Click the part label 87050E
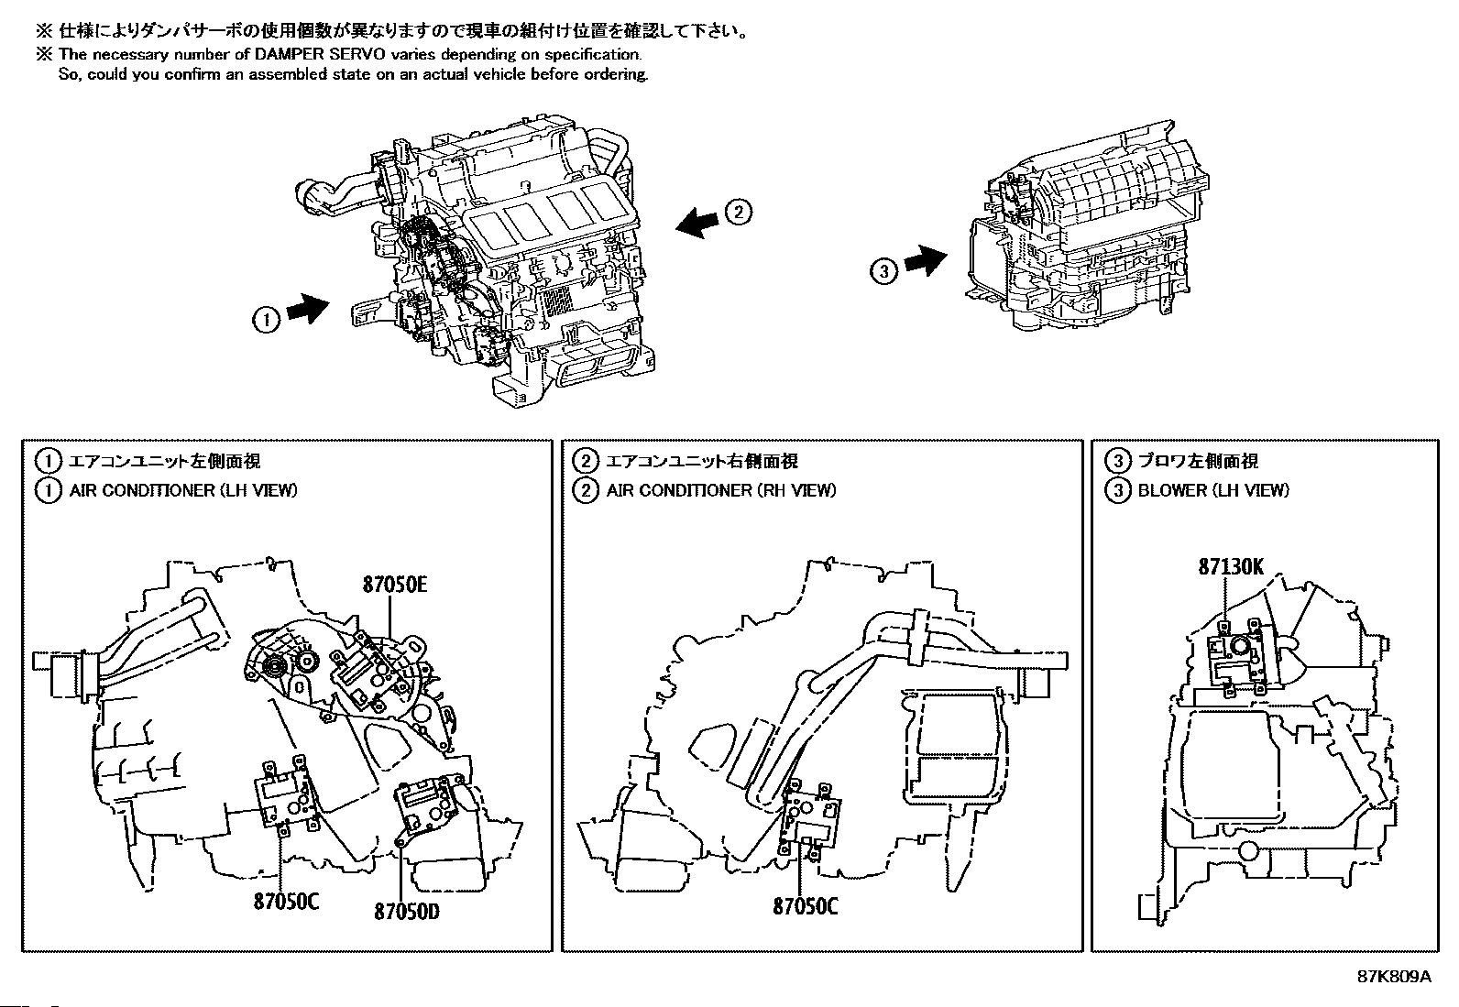[x=395, y=585]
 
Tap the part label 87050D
[x=406, y=912]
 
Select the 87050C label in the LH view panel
[x=287, y=902]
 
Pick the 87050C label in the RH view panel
[x=806, y=906]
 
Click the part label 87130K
[x=1231, y=566]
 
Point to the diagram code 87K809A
[x=1394, y=977]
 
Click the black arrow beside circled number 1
[x=308, y=308]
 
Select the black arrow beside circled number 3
[x=926, y=260]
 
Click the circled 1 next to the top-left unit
[x=266, y=320]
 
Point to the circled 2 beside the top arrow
[x=738, y=213]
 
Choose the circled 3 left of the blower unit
[x=883, y=270]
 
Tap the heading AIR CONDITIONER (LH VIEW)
[x=183, y=490]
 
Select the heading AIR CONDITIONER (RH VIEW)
[x=721, y=490]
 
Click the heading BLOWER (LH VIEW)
[x=1213, y=490]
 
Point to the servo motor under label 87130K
[x=1237, y=657]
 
